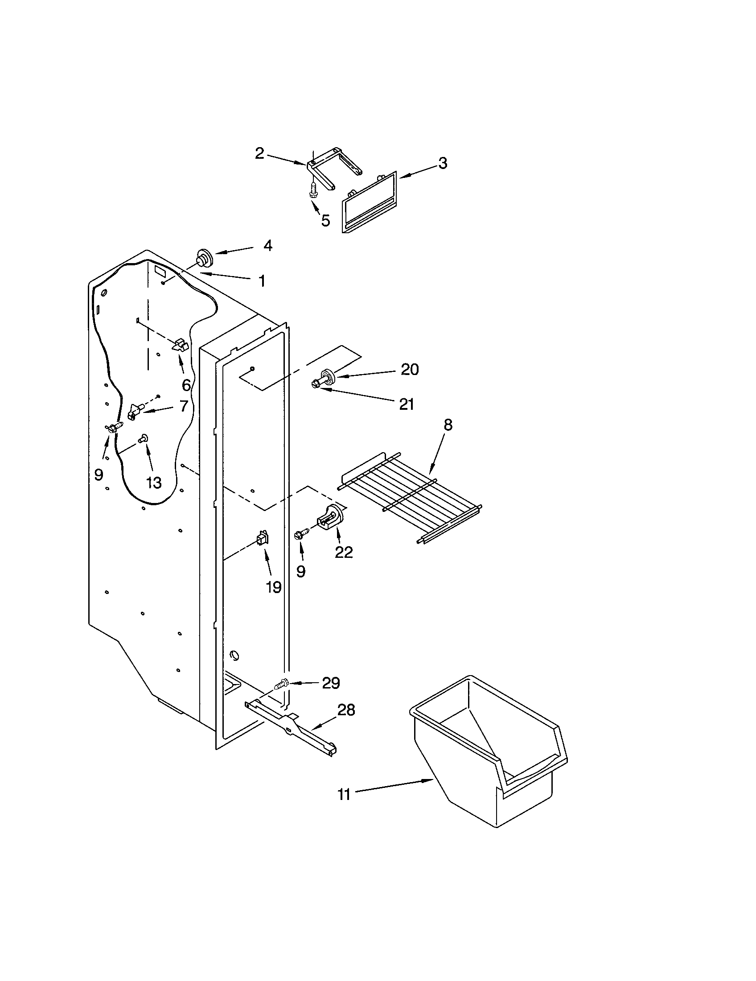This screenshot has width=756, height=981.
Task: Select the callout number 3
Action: [x=443, y=163]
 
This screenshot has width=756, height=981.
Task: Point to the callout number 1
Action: [x=261, y=281]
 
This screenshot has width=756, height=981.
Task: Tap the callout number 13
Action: [x=153, y=482]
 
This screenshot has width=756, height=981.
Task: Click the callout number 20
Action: [x=409, y=369]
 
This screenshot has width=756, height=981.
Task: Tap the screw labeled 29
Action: [x=281, y=697]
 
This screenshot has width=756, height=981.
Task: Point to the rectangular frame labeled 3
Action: [x=370, y=202]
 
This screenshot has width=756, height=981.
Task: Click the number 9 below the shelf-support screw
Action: [x=300, y=571]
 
